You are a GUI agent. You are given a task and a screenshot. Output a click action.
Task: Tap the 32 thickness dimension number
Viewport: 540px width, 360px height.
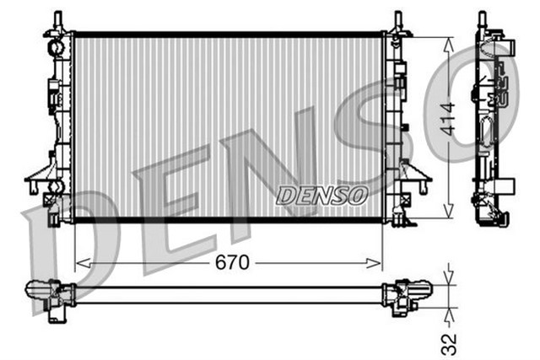pyautogui.click(x=448, y=342)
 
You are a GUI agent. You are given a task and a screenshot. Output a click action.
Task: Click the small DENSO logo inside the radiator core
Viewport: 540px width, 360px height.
pyautogui.click(x=321, y=195)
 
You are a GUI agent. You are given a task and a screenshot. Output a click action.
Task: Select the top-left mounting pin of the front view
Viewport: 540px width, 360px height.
pyautogui.click(x=58, y=19)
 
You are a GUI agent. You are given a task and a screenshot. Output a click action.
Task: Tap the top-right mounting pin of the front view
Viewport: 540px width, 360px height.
pyautogui.click(x=397, y=19)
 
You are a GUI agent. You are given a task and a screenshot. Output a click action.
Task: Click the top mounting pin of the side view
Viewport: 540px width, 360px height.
pyautogui.click(x=483, y=19)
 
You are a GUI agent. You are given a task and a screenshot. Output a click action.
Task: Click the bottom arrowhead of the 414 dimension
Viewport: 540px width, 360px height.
pyautogui.click(x=448, y=214)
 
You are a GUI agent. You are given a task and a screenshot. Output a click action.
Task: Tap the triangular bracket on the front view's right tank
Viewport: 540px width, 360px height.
pyautogui.click(x=417, y=176)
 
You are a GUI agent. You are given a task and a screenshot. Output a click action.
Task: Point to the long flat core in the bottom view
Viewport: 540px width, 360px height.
pyautogui.click(x=228, y=294)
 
